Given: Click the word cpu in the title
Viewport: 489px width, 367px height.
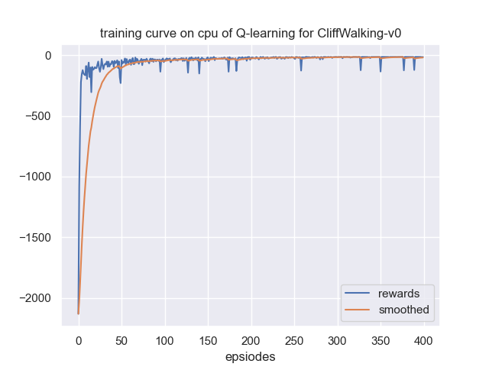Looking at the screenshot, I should tap(200, 34).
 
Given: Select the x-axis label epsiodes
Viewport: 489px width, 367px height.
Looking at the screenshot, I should tap(251, 356).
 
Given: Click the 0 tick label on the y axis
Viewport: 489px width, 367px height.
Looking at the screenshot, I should tap(48, 56).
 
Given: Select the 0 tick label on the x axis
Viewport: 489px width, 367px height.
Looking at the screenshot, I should tap(78, 339).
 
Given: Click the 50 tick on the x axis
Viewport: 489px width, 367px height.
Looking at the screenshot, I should tap(121, 339).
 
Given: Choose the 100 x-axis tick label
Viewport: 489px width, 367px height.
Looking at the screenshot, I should tap(164, 339).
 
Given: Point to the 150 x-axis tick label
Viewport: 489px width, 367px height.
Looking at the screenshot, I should tap(208, 339).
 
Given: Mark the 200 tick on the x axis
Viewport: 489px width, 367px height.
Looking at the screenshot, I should tap(251, 339).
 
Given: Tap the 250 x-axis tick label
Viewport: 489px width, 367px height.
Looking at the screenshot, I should tap(294, 339).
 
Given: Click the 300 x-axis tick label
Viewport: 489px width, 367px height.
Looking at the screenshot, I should tap(337, 339).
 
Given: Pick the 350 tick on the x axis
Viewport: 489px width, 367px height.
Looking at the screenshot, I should tap(381, 339).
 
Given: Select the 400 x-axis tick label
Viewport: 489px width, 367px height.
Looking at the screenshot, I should tap(423, 339).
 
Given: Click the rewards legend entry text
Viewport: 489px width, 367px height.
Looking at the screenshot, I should tap(397, 294).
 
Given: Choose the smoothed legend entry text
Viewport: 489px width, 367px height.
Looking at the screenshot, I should tap(403, 310).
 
